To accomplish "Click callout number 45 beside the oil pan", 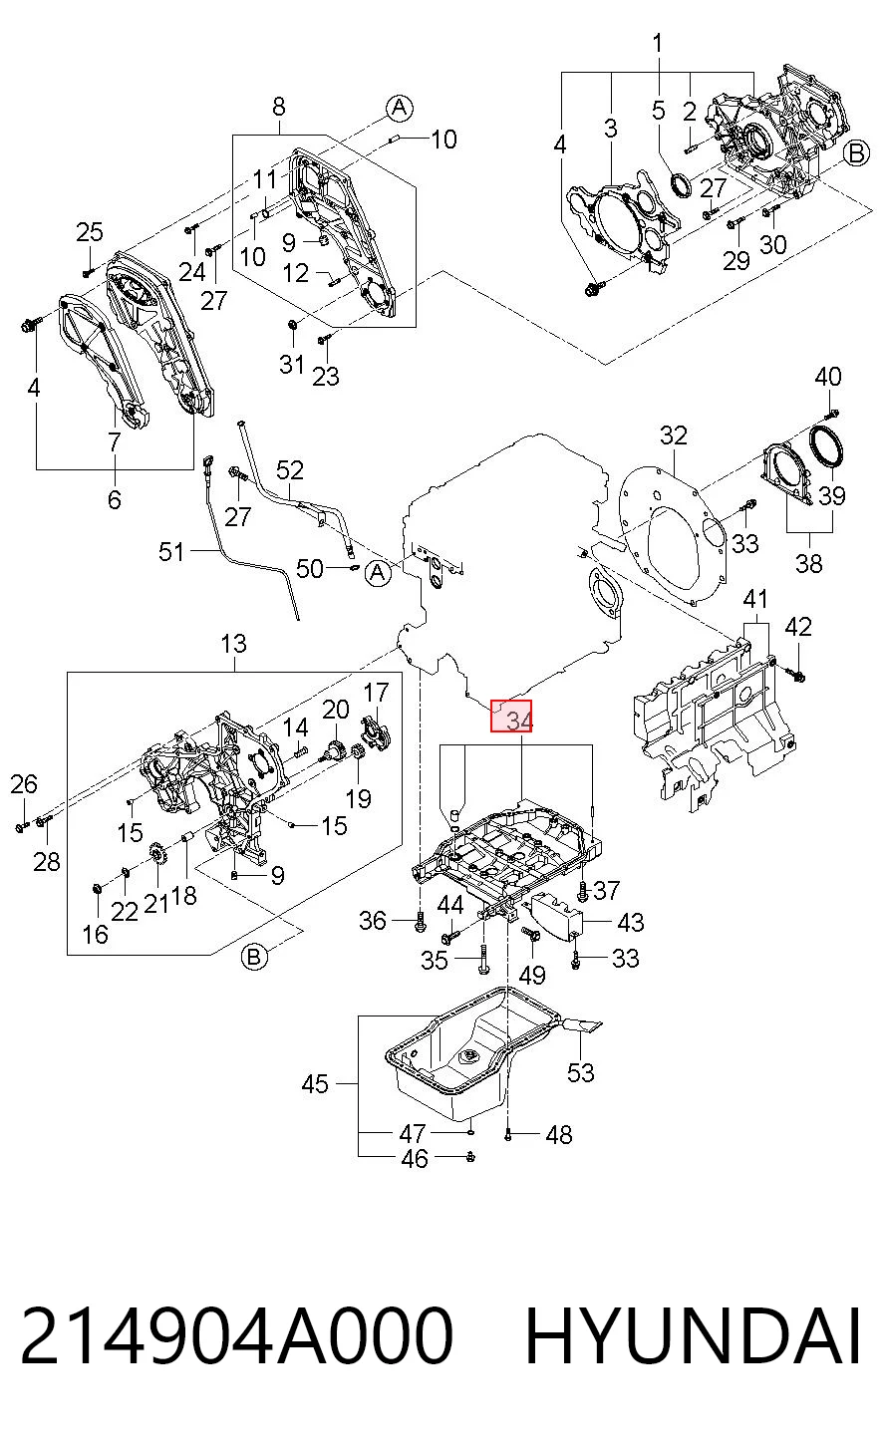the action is pos(315,1084).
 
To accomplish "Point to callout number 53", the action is pos(580,1073).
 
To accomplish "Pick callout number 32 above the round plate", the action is pos(673,435).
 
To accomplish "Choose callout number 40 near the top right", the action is pos(828,377).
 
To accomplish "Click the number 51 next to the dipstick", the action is pos(171,552).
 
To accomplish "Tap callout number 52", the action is pos(290,470).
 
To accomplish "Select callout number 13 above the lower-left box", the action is pos(233,644).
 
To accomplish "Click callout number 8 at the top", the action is pos(279,107).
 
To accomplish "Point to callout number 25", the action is pos(90,232).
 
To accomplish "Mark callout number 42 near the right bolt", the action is pos(797,627).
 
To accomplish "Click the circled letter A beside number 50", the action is pos(378,573).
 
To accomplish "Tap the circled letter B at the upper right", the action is pos(856,153).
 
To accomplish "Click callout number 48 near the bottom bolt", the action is pos(558,1134).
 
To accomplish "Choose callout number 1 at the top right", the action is pos(658,43).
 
